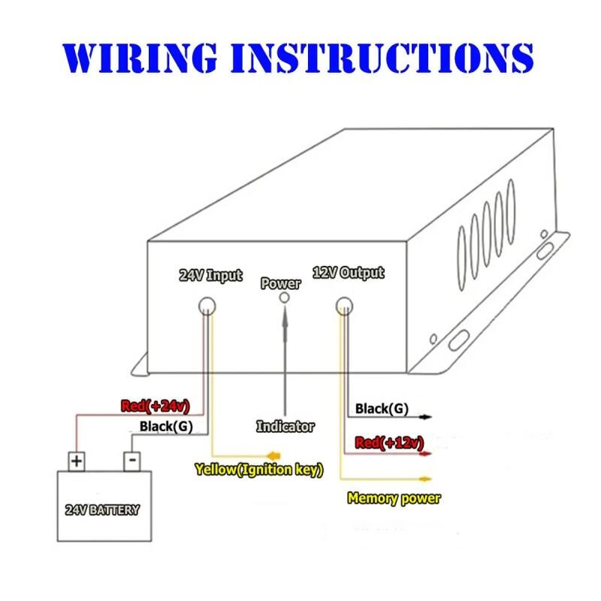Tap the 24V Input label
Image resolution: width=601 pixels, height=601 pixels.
(210, 275)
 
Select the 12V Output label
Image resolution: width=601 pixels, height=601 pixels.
(348, 273)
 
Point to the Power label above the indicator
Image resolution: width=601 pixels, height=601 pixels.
(280, 284)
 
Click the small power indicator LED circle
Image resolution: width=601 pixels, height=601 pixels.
(284, 297)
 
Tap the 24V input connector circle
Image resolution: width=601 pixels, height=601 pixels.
(207, 306)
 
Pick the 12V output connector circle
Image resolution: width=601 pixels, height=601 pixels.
(344, 306)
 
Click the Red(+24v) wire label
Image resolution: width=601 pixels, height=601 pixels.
(155, 406)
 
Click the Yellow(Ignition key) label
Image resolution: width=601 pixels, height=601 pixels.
(258, 470)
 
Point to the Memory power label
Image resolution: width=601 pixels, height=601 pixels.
(394, 497)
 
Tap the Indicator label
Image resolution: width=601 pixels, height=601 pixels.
(285, 426)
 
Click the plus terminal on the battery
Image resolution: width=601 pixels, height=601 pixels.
(76, 460)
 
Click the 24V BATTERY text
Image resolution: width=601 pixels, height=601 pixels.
(104, 510)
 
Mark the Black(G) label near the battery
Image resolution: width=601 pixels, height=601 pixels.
(166, 427)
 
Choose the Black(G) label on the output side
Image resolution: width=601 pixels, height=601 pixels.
(382, 409)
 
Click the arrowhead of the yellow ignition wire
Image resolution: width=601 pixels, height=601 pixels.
(274, 455)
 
